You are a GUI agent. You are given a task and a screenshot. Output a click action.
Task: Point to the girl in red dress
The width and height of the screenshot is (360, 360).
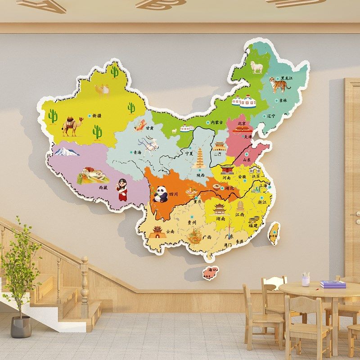coord(122,189)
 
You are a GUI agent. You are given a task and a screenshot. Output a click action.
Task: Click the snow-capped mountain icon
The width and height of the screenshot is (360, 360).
coord(67,151)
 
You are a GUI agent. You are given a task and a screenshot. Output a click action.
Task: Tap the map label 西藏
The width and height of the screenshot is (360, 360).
coord(103,187)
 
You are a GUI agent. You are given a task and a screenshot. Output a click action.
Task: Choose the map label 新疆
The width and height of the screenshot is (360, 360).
coord(96,116)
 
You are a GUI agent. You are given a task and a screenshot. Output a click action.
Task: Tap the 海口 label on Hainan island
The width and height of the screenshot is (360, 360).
coord(211,270)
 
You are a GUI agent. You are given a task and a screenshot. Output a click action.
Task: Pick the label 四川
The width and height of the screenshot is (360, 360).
coord(174,194)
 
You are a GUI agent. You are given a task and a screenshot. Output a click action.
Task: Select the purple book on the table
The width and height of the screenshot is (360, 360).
coord(333,284)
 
